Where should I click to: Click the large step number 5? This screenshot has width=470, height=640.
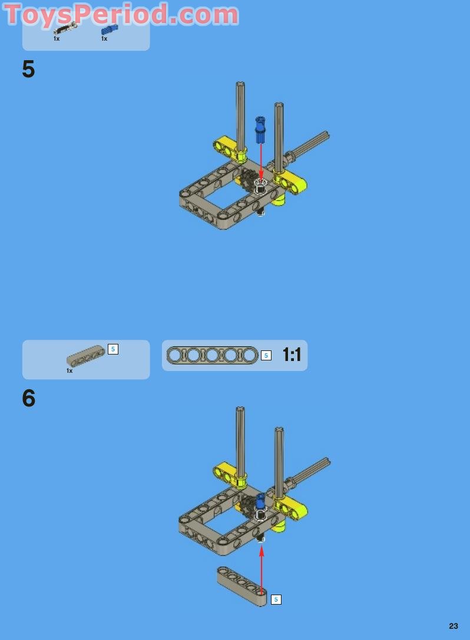coord(28,70)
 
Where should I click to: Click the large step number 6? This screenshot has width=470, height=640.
coord(28,399)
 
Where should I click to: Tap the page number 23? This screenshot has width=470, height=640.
coord(453,626)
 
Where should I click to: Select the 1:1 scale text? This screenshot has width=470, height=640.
coord(292,355)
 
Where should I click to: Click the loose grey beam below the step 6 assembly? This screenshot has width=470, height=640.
coord(241,586)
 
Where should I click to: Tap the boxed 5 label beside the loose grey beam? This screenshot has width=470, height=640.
coord(276,599)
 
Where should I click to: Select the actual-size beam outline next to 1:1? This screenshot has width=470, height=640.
coord(212,355)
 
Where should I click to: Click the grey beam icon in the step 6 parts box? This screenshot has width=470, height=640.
coord(85,355)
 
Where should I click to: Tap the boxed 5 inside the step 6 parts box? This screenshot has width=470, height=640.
coord(113,349)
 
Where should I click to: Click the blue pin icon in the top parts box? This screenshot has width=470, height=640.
coord(109,29)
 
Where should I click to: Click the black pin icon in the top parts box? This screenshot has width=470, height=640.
coord(65,29)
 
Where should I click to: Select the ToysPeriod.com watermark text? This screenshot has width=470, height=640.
coord(121,14)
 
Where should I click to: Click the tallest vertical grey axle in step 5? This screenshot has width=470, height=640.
coord(240,118)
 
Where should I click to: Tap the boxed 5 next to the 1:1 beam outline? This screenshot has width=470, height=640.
coord(266,355)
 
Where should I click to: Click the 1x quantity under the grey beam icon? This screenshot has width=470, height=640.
coord(69,371)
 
